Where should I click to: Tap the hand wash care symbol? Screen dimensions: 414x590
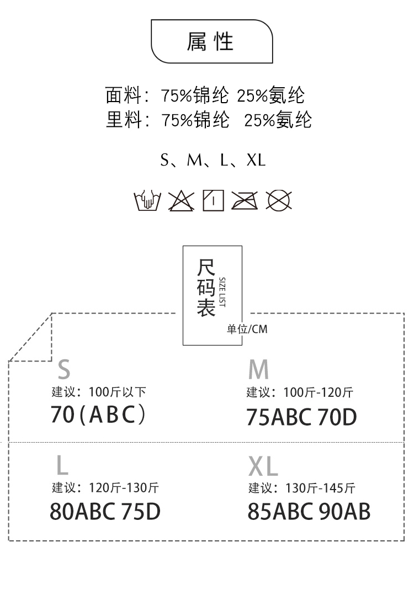[x=147, y=200]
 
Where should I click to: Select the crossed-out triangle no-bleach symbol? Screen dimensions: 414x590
[x=181, y=200]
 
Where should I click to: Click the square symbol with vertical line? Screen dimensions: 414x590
[x=213, y=200]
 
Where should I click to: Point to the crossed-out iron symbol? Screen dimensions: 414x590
[x=244, y=200]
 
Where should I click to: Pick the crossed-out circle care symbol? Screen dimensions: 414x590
[x=279, y=200]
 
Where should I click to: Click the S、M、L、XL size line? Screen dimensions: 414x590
[x=213, y=160]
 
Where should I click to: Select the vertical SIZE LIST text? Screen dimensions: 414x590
[x=222, y=293]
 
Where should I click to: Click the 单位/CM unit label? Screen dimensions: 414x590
[x=247, y=329]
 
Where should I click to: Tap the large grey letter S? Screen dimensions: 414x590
[x=64, y=369]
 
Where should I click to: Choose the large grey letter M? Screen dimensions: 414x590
[x=258, y=369]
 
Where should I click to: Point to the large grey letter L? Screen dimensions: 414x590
[x=62, y=465]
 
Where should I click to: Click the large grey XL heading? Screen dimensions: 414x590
[x=263, y=466]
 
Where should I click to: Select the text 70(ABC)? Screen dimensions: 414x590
[x=98, y=414]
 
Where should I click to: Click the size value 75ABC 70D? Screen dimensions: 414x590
[x=301, y=417]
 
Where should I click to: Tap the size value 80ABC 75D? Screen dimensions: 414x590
[x=105, y=512]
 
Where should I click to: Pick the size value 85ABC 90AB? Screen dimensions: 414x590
[x=309, y=512]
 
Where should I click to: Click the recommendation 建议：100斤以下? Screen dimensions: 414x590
[x=99, y=392]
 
